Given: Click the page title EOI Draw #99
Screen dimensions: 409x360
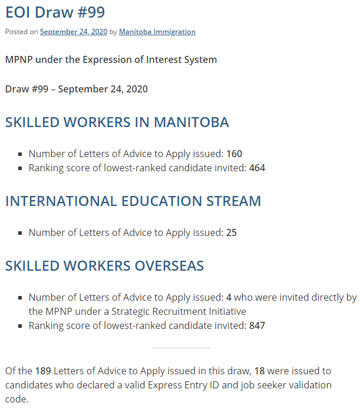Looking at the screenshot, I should pos(55,12).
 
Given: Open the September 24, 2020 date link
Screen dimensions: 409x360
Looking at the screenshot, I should pos(74,32).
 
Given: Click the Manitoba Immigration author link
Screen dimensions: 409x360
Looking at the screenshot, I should pos(157,32).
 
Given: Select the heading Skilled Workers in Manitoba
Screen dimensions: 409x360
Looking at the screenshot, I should pos(117,122).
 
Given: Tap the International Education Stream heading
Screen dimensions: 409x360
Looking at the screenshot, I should pos(133,201).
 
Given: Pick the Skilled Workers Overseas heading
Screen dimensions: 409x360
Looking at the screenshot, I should pos(104,265).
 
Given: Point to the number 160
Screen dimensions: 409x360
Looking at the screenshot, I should pos(234,154).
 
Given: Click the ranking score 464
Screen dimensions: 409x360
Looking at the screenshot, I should pos(257,168).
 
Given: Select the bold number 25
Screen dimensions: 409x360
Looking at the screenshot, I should pos(232,232).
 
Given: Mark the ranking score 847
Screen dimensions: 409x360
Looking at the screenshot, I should pos(257,325).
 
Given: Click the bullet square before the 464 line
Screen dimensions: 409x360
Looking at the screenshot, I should pos(21,168).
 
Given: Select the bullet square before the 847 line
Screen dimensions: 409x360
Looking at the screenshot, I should pos(21,326).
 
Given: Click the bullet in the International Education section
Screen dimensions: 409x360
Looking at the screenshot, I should pos(21,233).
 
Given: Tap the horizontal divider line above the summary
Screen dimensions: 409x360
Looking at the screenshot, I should pos(181,348).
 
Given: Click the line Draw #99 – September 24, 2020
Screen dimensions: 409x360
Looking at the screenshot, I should pos(77,89).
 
